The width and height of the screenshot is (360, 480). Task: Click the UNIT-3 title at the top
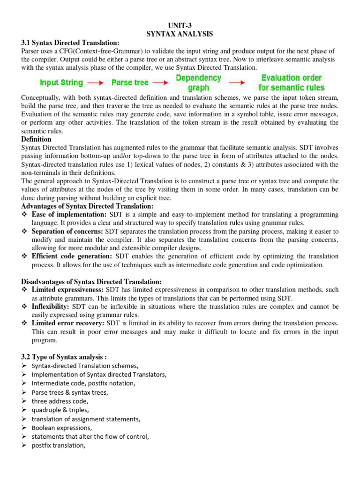point(180,26)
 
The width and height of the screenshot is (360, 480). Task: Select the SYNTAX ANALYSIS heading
point(180,34)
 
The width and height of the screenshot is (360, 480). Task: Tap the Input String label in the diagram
point(61,82)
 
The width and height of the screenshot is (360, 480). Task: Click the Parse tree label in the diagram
point(130,82)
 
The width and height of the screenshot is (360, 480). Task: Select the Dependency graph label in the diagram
point(198,82)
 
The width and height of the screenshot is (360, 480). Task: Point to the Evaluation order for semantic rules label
point(291,82)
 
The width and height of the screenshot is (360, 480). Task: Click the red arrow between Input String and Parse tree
point(96,83)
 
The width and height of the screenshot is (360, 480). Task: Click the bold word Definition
point(37,139)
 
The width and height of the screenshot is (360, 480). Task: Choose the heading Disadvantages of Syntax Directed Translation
point(91,281)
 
